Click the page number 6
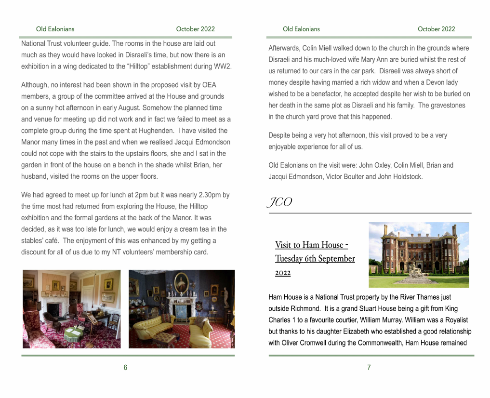[x=125, y=368]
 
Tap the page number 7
[x=369, y=368]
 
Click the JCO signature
[x=280, y=202]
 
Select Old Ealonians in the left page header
[x=55, y=29]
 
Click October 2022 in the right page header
[x=436, y=29]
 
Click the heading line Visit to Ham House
[x=308, y=245]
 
